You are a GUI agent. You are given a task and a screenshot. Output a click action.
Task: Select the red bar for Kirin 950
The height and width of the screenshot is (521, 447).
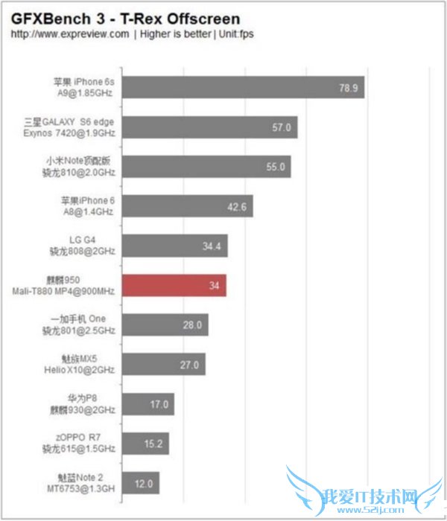tap(173, 286)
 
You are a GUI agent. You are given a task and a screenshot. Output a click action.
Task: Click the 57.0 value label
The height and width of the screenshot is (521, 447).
tap(281, 127)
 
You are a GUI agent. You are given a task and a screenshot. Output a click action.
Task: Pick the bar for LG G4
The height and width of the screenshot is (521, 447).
tap(174, 246)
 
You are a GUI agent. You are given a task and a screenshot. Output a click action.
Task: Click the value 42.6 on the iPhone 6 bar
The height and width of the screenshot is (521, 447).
tap(237, 207)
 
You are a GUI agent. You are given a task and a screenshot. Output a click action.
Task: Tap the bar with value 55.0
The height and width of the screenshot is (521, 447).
tap(205, 167)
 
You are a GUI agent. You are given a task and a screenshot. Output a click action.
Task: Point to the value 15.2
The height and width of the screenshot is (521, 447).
tap(153, 444)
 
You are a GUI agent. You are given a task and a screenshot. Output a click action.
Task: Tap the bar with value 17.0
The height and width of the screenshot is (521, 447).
tap(147, 405)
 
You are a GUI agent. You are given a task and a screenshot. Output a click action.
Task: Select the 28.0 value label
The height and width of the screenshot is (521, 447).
tap(192, 325)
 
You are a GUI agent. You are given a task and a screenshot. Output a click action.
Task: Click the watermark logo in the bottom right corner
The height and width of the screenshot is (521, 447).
tap(365, 495)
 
